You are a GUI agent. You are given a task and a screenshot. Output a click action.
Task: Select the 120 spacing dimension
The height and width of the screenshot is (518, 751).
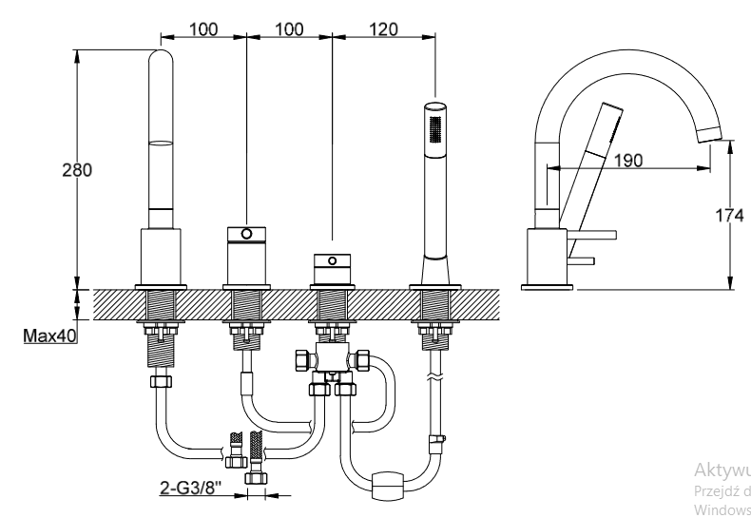pyautogui.click(x=381, y=29)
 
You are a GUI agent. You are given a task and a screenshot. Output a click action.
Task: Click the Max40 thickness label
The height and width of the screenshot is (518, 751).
pyautogui.click(x=51, y=335)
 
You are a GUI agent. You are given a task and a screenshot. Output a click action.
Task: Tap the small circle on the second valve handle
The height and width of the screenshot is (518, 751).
pyautogui.click(x=246, y=234)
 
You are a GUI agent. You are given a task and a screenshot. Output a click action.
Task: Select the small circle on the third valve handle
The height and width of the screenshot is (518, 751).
pyautogui.click(x=332, y=259)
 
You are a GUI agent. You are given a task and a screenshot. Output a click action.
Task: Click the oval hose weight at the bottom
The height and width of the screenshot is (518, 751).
pyautogui.click(x=390, y=486)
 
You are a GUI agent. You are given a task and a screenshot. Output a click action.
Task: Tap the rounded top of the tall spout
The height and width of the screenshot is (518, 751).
pyautogui.click(x=163, y=59)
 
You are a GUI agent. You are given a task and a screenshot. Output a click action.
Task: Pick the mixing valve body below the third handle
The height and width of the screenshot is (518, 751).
pyautogui.click(x=332, y=361)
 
